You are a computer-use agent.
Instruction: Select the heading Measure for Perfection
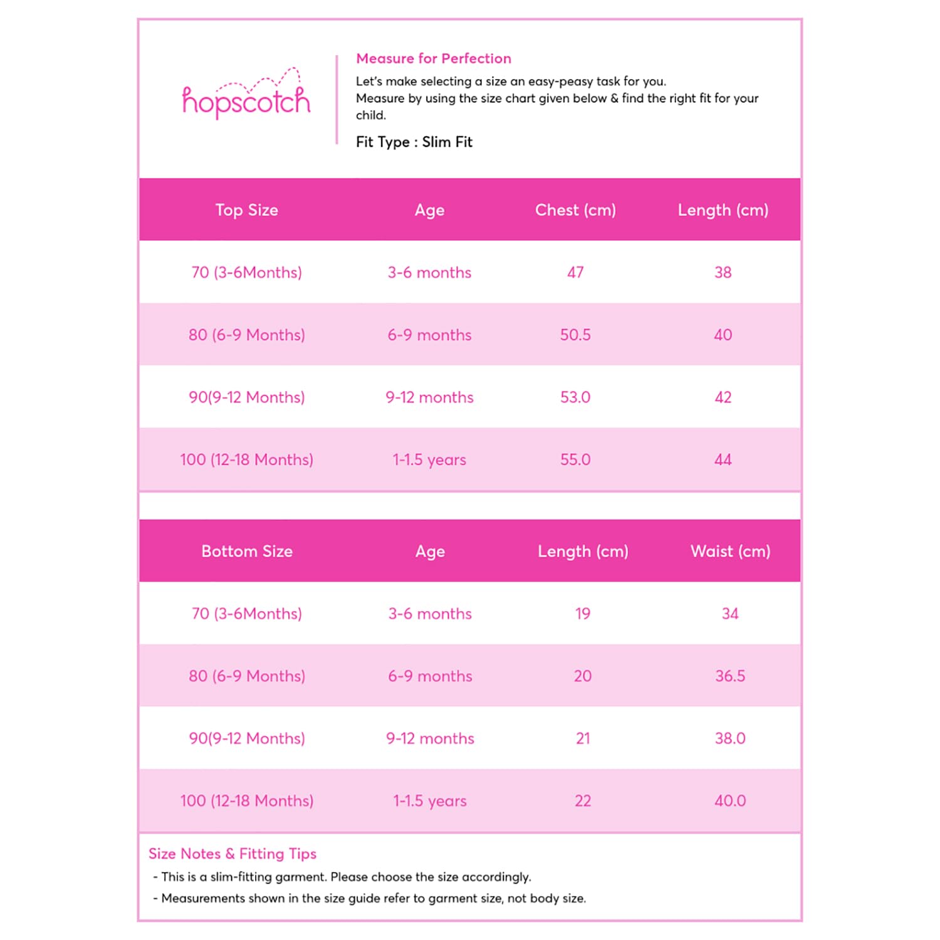coord(433,58)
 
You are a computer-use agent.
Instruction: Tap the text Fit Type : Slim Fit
coord(414,142)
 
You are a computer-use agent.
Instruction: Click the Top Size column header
coord(246,210)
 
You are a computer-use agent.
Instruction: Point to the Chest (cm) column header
coord(575,210)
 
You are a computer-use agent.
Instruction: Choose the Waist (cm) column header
coord(730,551)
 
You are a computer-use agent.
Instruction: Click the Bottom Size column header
coord(246,551)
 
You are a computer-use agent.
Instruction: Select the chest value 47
coord(575,273)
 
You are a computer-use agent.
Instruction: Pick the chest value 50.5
coord(575,335)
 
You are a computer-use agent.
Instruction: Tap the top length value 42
coord(723,397)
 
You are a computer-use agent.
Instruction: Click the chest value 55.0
coord(575,460)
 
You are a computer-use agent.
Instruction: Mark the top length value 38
coord(723,273)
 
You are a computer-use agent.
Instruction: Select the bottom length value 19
coord(583,614)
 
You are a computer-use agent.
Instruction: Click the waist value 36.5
coord(730,676)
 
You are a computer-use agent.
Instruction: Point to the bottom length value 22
coord(583,801)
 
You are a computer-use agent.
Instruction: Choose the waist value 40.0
coord(730,801)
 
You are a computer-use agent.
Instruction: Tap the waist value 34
coord(730,614)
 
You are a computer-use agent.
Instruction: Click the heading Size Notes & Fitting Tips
coord(232,854)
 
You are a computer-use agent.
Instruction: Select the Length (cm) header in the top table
coord(723,210)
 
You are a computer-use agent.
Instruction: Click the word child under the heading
coord(370,115)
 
